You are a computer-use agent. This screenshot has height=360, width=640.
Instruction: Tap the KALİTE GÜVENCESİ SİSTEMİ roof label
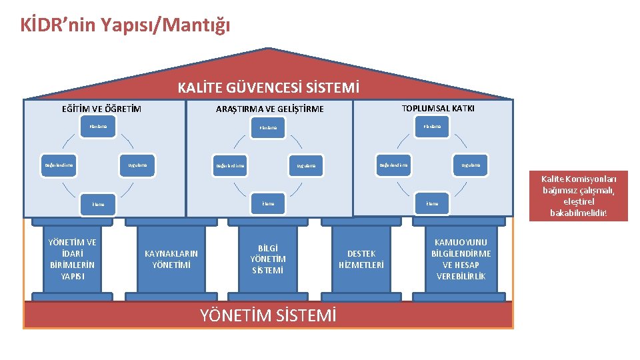[268, 87]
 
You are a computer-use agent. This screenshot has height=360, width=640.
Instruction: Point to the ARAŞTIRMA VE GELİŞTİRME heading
[269, 109]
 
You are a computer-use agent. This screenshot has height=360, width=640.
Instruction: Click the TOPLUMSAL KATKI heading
[438, 108]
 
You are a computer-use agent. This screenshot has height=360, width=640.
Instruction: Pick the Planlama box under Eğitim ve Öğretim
[98, 125]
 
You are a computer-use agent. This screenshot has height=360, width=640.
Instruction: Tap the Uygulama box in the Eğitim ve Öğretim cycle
[137, 165]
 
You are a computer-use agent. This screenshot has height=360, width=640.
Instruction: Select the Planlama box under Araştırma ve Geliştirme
[268, 127]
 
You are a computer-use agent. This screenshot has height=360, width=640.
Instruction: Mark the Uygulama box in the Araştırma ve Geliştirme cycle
[307, 165]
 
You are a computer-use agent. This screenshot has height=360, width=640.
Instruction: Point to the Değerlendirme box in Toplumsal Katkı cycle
[393, 165]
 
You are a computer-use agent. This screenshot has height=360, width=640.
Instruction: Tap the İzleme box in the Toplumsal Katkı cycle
[432, 203]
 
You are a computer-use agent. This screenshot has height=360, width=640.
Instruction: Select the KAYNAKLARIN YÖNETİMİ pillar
[171, 259]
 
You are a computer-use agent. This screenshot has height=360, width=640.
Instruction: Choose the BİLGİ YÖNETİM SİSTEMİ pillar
[268, 259]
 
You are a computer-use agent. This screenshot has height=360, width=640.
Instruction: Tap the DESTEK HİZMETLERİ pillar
[361, 259]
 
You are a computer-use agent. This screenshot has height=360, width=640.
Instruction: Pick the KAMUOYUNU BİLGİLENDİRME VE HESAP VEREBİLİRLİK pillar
[461, 259]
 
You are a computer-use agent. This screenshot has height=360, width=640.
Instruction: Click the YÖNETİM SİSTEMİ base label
[268, 315]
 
